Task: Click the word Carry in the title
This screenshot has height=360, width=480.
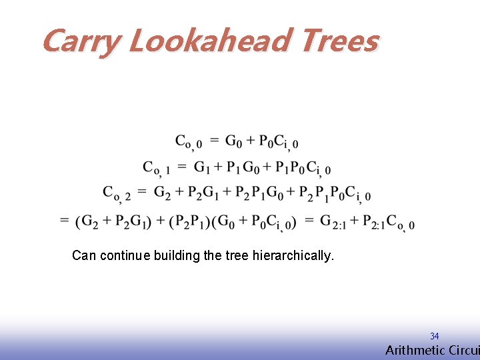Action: [80, 41]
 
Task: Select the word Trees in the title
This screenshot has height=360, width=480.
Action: [340, 41]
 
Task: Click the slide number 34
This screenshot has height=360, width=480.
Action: [434, 337]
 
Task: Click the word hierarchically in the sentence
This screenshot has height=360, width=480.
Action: [293, 255]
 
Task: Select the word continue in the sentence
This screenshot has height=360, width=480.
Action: [125, 255]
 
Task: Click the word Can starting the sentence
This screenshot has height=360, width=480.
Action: [84, 255]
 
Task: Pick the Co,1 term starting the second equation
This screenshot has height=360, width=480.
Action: [156, 168]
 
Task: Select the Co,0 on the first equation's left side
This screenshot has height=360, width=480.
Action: [189, 142]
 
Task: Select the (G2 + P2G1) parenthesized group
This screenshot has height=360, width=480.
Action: [112, 221]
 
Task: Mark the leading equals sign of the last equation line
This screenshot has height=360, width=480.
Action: [65, 221]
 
